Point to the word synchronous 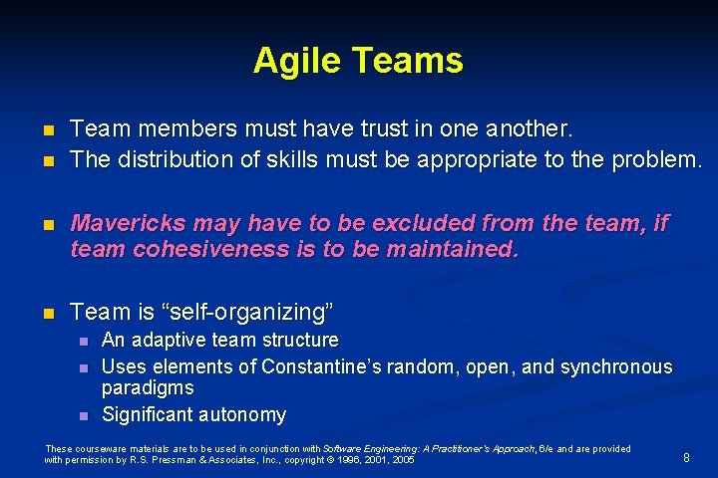coord(616,366)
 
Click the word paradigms coord(148,387)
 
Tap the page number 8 coord(686,458)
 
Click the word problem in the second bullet coord(663,159)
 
